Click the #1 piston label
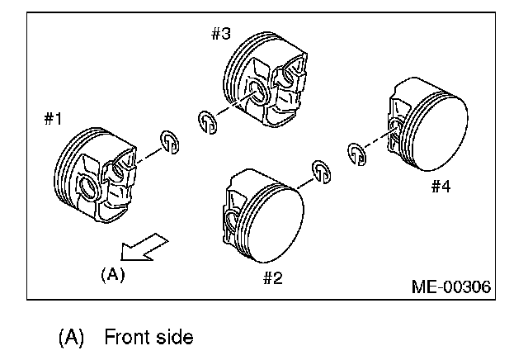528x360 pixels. [x=53, y=119]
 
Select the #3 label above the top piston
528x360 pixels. [x=220, y=34]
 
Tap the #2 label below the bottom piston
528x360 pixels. [x=273, y=277]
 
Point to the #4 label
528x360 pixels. [x=440, y=187]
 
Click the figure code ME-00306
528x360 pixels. [x=450, y=287]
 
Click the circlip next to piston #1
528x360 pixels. [x=171, y=142]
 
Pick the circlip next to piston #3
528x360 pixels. [x=208, y=121]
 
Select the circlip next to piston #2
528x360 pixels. [x=321, y=169]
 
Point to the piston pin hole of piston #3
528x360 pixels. [x=256, y=92]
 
